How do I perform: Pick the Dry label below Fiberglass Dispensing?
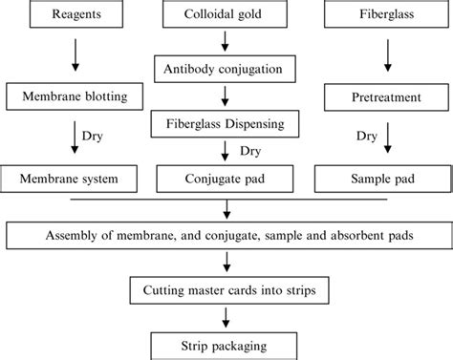[250, 150]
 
